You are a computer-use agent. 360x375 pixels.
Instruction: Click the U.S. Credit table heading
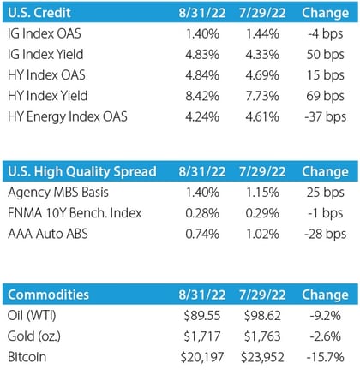[39, 13]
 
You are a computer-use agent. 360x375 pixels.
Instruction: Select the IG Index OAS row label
[45, 33]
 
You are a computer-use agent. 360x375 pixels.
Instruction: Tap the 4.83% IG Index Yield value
[202, 55]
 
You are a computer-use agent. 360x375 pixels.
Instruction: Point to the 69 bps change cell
[325, 96]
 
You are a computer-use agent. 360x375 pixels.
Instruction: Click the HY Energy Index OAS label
[68, 117]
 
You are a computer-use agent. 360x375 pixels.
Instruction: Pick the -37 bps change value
[325, 117]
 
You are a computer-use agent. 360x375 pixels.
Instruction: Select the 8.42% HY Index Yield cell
[202, 96]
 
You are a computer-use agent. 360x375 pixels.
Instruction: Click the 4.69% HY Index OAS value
[262, 75]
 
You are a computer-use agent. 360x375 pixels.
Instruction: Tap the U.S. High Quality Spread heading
[82, 172]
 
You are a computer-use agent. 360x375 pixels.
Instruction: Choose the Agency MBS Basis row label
[58, 193]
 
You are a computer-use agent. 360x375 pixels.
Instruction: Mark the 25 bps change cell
[325, 193]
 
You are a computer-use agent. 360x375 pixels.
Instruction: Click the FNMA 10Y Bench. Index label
[75, 213]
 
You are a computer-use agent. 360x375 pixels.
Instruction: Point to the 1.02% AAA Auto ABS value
[262, 235]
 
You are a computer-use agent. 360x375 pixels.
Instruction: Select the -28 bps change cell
[325, 235]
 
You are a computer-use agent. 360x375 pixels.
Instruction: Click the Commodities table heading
[48, 295]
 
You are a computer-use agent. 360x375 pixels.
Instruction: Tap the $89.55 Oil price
[202, 316]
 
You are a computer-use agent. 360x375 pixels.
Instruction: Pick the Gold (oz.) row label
[34, 336]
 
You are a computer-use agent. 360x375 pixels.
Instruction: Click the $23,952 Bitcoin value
[262, 357]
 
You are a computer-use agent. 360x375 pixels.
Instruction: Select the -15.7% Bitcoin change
[325, 357]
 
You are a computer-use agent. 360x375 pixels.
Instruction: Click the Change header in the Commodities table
[325, 295]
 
